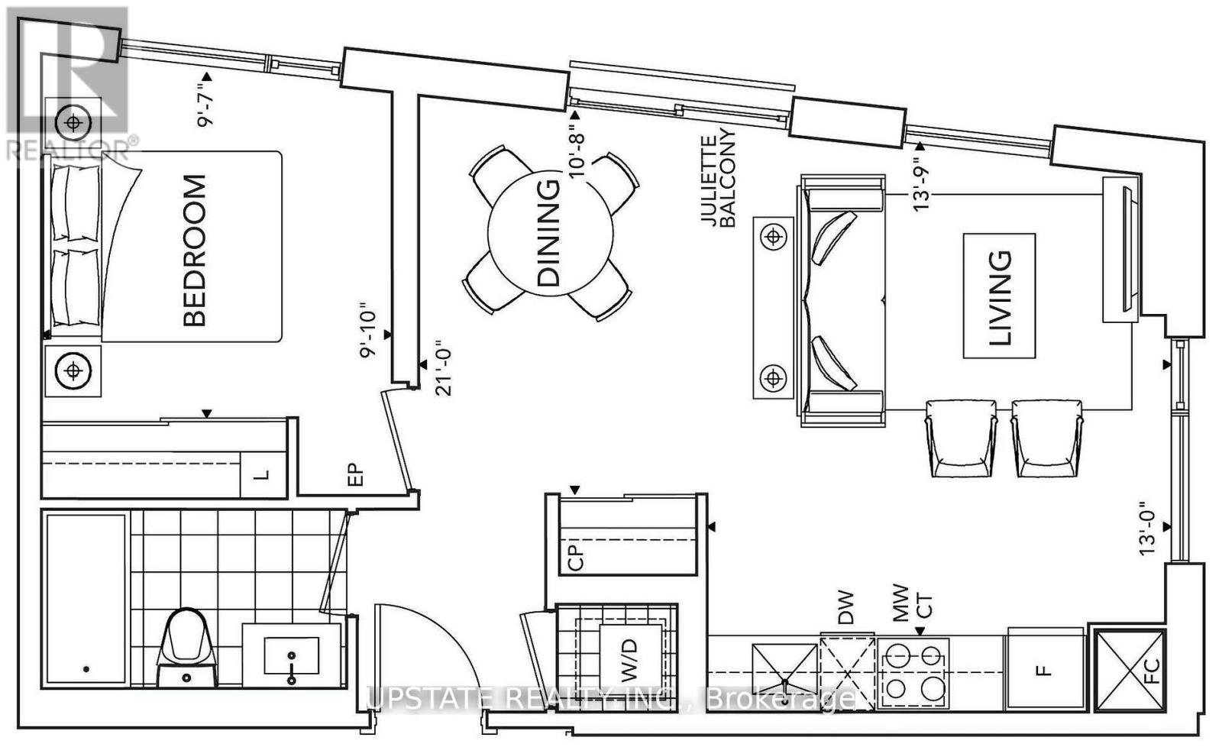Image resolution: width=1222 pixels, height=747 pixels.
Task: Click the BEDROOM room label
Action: (x=195, y=251)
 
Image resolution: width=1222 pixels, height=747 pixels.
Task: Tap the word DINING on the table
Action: (x=549, y=233)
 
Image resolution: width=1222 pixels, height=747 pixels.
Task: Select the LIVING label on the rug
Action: (x=1000, y=298)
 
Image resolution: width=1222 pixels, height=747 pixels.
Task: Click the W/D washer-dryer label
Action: (x=629, y=661)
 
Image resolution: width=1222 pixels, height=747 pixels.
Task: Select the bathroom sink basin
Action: (x=291, y=655)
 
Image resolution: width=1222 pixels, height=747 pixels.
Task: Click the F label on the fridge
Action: (x=1043, y=670)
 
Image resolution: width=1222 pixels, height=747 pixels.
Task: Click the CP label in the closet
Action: (x=576, y=558)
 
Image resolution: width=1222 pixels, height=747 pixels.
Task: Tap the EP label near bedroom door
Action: (x=355, y=475)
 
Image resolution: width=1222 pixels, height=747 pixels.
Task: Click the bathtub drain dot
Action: (x=86, y=669)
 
